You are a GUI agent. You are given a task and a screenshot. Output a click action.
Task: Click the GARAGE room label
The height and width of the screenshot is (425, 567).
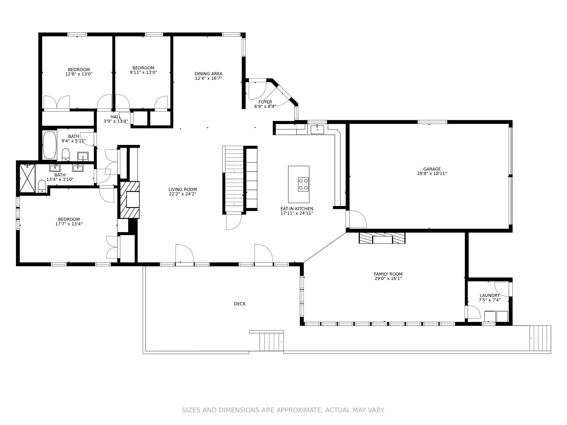click(432, 169)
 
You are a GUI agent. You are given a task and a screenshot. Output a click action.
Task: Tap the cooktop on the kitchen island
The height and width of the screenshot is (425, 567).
click(303, 184)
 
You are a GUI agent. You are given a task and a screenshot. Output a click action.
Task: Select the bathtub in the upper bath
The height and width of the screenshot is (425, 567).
click(50, 145)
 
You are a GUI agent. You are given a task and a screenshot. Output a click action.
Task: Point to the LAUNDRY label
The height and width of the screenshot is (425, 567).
click(489, 296)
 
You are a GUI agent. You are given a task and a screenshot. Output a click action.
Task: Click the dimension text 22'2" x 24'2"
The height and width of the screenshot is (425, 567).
click(182, 194)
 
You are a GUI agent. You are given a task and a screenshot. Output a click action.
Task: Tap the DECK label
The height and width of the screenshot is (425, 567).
click(239, 304)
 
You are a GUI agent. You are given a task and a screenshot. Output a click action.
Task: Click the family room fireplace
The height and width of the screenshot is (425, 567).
click(382, 238)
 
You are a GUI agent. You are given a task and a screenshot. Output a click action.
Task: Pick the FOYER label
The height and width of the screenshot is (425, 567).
click(265, 102)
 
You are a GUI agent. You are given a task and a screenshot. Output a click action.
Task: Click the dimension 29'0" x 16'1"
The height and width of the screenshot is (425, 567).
click(388, 279)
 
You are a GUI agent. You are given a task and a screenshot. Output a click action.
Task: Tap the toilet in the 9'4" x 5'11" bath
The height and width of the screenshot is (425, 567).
click(66, 154)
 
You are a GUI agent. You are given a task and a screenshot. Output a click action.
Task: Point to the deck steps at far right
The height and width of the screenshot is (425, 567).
click(540, 338)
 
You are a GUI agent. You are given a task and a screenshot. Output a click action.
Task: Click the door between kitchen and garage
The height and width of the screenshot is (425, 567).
click(357, 219)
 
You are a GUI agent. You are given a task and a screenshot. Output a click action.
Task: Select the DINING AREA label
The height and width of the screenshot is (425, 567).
click(208, 74)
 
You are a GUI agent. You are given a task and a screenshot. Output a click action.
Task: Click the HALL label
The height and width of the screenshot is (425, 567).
click(116, 117)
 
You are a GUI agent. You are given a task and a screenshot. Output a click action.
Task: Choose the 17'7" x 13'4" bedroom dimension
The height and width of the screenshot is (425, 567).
click(69, 224)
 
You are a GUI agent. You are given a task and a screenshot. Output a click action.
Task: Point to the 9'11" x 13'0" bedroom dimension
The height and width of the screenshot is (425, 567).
click(143, 72)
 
